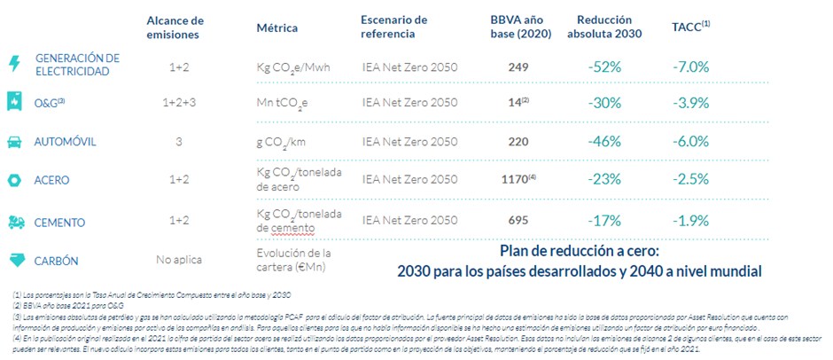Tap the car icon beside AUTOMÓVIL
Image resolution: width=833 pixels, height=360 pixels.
click(x=14, y=142)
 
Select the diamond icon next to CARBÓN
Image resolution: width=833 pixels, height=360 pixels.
click(x=14, y=260)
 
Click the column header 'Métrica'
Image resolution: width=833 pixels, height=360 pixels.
click(x=276, y=27)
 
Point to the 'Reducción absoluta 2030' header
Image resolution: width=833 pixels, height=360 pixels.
click(x=603, y=27)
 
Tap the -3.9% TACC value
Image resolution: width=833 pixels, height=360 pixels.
click(x=691, y=104)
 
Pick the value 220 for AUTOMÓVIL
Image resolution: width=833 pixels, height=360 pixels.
click(x=519, y=142)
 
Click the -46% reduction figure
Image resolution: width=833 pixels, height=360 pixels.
click(x=603, y=142)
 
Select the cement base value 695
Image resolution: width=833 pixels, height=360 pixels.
click(x=519, y=220)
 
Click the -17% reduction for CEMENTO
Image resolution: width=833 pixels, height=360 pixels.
click(x=603, y=220)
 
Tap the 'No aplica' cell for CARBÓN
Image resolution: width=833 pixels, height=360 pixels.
click(x=178, y=260)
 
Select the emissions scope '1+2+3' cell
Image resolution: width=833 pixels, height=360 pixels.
click(x=179, y=103)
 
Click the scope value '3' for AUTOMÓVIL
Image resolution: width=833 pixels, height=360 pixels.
click(x=178, y=142)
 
